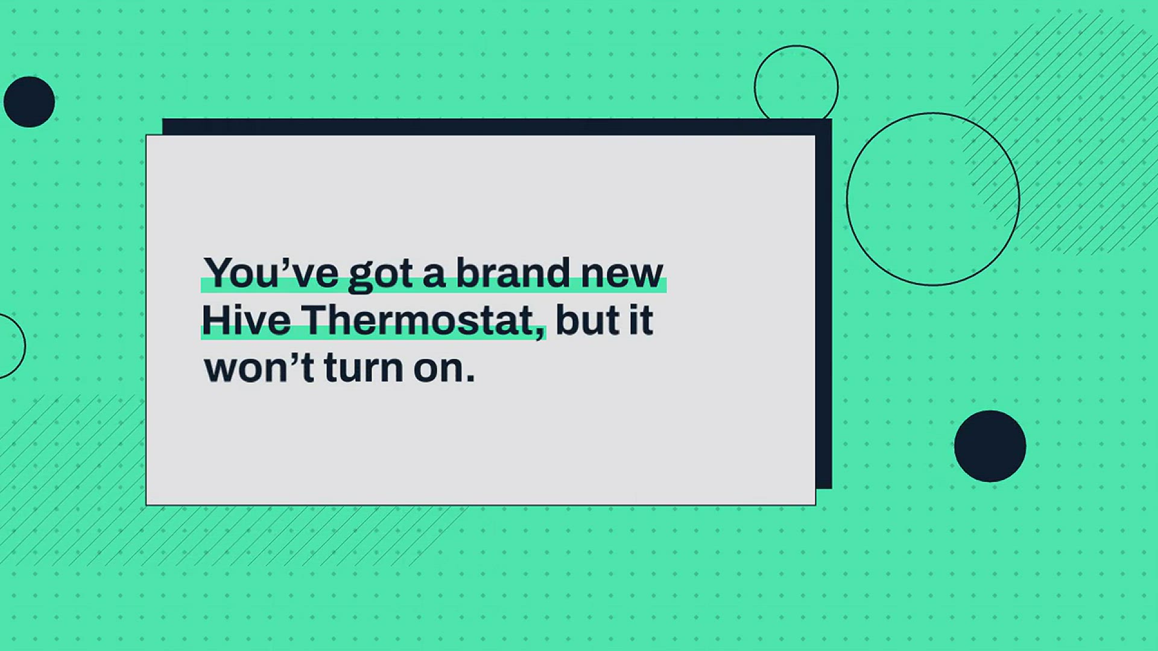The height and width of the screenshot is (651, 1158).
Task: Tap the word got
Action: [x=381, y=275]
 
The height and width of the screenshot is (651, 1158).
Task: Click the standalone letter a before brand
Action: [x=434, y=276]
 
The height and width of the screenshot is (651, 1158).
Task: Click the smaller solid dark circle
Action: [x=29, y=102]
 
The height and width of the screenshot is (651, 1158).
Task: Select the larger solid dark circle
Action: [x=990, y=446]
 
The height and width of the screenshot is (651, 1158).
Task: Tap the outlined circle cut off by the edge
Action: [x=25, y=346]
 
